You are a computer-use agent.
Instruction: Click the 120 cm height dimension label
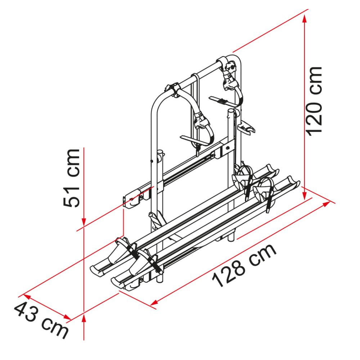pos(314,101)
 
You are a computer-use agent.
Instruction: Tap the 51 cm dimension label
pos(72,178)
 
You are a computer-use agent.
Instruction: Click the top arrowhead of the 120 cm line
pos(305,19)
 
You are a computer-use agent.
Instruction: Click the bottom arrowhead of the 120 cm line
pos(305,195)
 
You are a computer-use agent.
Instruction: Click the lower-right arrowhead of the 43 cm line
pos(67,317)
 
